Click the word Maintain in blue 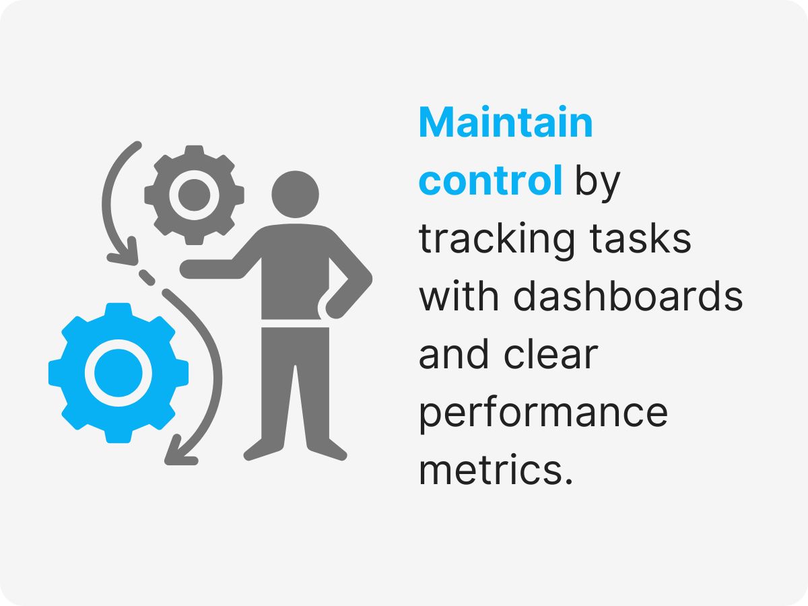506,122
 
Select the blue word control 490,180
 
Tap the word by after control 597,183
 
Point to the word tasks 640,238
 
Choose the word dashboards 628,296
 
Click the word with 459,296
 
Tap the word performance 543,415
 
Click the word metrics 496,470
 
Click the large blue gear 119,373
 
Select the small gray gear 194,195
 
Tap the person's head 295,195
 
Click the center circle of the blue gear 119,373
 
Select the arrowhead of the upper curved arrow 125,254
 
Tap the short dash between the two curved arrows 146,277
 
